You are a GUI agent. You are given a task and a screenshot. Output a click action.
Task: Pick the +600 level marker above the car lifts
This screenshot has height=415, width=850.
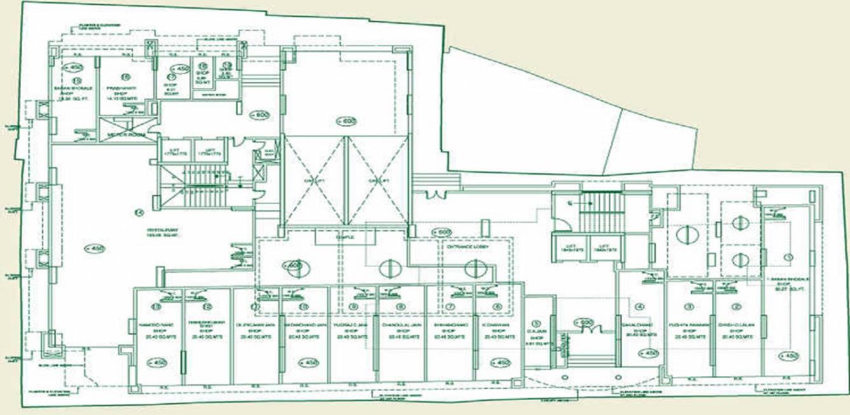(346, 122)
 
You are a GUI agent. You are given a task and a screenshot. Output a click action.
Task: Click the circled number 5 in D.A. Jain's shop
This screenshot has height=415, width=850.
(536, 323)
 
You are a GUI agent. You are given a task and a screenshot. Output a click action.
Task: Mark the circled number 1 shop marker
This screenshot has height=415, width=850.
(789, 257)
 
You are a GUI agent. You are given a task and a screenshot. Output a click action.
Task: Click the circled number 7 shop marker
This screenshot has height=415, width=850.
(450, 306)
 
